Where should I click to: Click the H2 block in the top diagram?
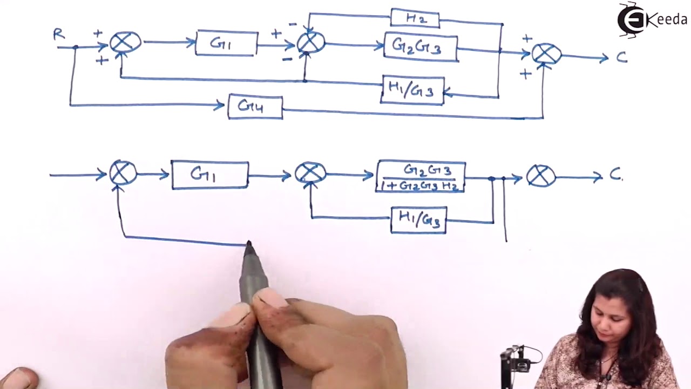pos(415,18)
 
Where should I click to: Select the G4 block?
pos(255,106)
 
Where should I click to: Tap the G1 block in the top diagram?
pos(226,43)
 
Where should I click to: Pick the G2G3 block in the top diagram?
pos(421,47)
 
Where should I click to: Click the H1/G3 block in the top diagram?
pos(413,90)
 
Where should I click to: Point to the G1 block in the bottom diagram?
pos(210,175)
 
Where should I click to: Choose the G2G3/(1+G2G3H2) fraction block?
pos(421,177)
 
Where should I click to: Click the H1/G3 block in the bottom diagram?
pos(418,220)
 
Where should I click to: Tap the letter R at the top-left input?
pos(59,35)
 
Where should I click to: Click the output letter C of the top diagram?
pos(621,58)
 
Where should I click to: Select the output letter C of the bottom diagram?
pos(615,175)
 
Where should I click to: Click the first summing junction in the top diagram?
pos(125,42)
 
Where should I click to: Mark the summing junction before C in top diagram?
pos(546,54)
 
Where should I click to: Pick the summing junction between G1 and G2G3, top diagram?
pos(311,43)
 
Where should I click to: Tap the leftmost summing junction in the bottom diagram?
pos(123,173)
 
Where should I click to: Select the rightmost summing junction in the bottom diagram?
pos(540,176)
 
